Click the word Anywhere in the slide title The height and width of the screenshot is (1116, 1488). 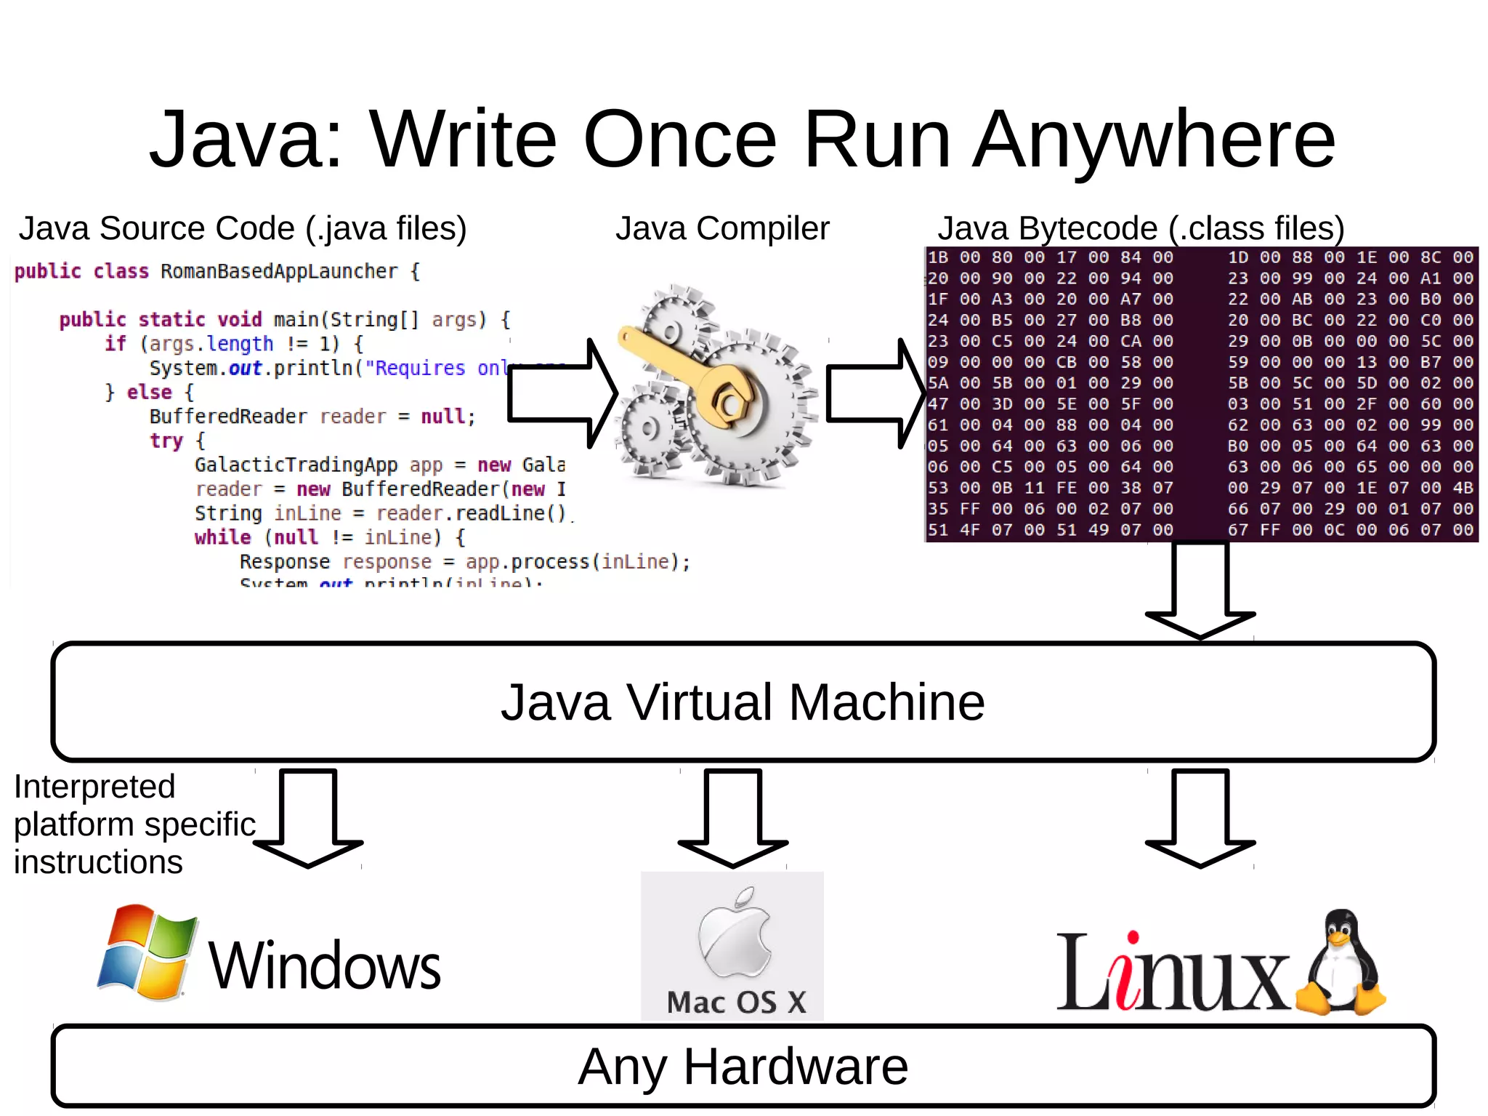pyautogui.click(x=1154, y=140)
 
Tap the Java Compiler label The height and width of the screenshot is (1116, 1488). pyautogui.click(x=722, y=228)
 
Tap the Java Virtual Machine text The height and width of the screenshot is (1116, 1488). pyautogui.click(x=743, y=702)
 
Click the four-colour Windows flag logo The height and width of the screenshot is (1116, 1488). pyautogui.click(x=148, y=952)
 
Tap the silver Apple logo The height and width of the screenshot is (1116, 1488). pyautogui.click(x=734, y=934)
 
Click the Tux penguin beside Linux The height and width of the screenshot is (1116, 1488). pyautogui.click(x=1343, y=963)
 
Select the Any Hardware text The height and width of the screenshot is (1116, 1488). pyautogui.click(x=743, y=1067)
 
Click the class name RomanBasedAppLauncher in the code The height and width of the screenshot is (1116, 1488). pyautogui.click(x=279, y=272)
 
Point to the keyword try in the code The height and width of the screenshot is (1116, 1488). pyautogui.click(x=166, y=441)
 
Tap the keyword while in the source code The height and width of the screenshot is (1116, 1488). pyautogui.click(x=222, y=538)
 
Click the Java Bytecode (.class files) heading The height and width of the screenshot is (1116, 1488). pyautogui.click(x=1141, y=228)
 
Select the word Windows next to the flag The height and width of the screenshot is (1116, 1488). pyautogui.click(x=325, y=966)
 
